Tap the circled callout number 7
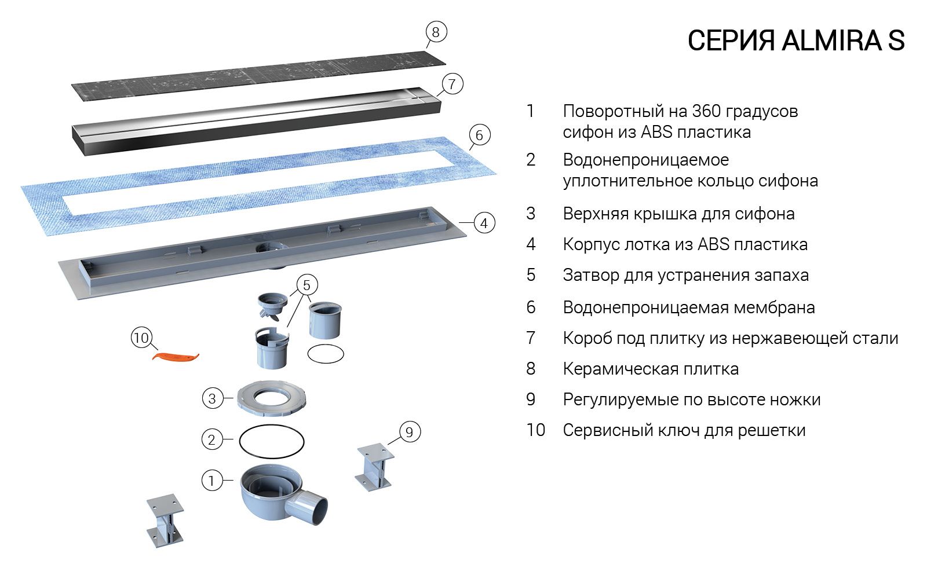452,84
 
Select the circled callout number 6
479,135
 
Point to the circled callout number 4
484,223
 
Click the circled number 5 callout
306,285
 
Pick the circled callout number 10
141,338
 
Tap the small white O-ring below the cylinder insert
325,353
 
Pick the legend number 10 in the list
535,430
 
